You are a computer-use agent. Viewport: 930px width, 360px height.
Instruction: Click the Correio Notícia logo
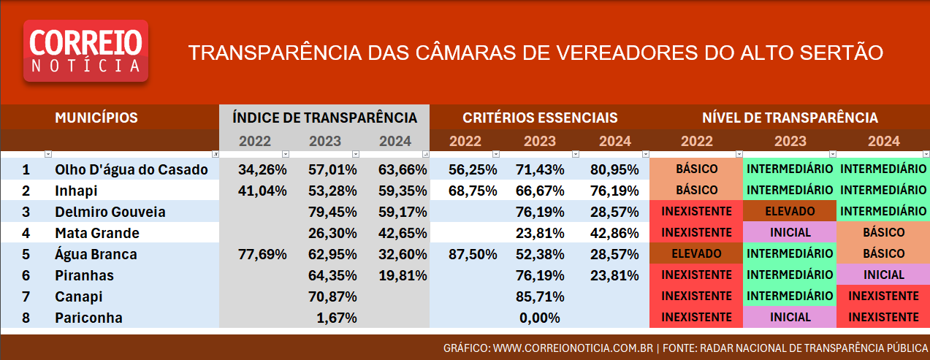(86, 50)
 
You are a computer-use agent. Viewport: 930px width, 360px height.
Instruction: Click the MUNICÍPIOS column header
(96, 118)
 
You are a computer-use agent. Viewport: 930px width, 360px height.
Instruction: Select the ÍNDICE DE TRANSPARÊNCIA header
(324, 118)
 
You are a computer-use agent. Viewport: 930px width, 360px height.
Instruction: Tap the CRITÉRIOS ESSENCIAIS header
(540, 118)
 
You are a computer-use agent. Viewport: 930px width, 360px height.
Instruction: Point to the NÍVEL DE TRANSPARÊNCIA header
(790, 118)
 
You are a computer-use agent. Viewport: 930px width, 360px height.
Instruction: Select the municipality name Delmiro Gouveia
(110, 212)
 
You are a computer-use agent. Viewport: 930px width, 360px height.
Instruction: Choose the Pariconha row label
(88, 318)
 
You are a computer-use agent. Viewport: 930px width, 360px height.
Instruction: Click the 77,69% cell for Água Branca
(262, 254)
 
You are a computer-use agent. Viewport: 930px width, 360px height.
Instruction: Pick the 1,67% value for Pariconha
(338, 318)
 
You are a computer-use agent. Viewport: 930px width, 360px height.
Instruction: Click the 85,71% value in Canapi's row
(540, 296)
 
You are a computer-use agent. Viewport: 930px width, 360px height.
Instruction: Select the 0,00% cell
(540, 318)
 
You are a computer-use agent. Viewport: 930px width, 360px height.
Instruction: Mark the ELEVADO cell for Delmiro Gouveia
(790, 212)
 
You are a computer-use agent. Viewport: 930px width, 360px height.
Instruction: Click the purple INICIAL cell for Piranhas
(883, 275)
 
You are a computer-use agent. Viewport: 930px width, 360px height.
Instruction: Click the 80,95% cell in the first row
(611, 169)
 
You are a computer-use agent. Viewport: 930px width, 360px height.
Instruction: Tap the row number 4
(26, 233)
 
